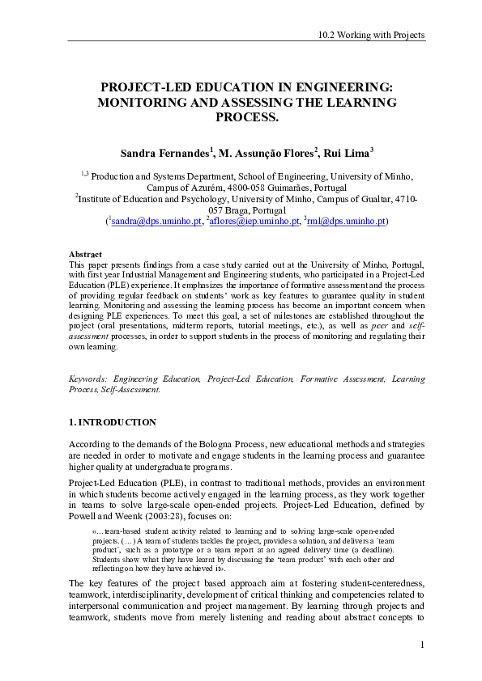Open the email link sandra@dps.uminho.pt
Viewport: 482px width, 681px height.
(156, 220)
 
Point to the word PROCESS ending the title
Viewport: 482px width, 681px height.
(246, 117)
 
